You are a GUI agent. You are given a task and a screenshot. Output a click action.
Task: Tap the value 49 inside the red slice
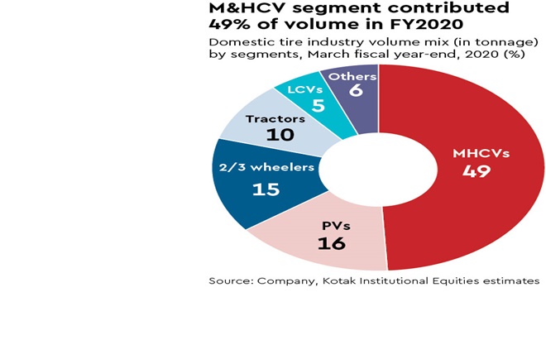(477, 171)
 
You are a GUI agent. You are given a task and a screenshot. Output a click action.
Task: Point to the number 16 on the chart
(331, 243)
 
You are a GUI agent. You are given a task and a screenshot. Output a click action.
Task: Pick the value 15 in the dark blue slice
(266, 189)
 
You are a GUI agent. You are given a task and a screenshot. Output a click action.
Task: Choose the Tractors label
(275, 118)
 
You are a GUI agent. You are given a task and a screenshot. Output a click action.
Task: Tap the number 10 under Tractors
(280, 135)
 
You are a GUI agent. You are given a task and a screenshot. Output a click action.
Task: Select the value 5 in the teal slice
(317, 104)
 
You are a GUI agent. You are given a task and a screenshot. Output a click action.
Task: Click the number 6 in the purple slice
(356, 91)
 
